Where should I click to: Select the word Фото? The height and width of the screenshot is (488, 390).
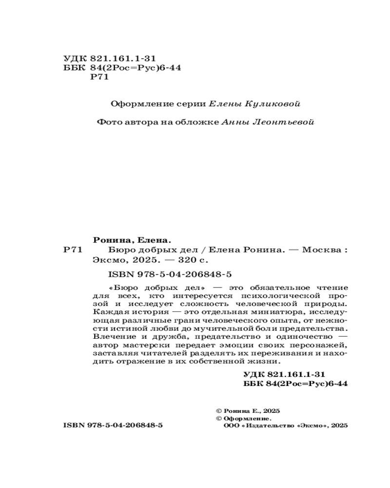[108, 122]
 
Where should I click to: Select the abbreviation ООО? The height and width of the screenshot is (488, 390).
[230, 426]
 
